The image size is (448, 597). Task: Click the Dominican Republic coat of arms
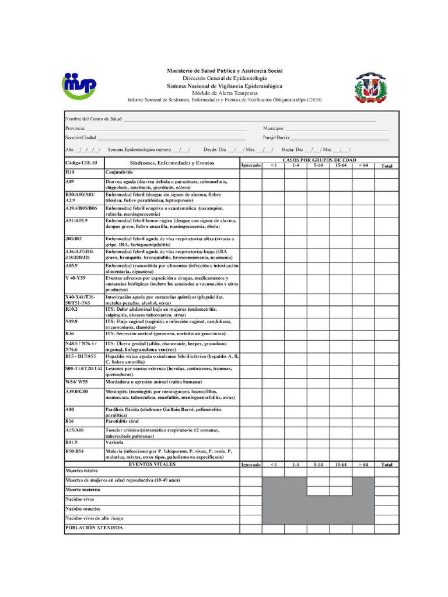coord(367,88)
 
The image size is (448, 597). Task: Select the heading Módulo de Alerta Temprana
coord(225,93)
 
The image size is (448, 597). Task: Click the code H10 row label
coord(70,173)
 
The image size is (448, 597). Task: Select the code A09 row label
coord(70,182)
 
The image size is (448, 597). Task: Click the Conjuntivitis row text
coord(119,173)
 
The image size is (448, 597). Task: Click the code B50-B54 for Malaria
coord(75,451)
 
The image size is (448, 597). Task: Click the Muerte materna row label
coord(83,490)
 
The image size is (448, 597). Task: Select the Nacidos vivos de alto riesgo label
coord(94,518)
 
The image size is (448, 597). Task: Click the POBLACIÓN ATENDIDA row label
coord(94,528)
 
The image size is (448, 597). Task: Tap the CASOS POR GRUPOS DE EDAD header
coord(319,160)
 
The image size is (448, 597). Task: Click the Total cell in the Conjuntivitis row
coord(386,173)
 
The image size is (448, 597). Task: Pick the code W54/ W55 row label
coord(76,382)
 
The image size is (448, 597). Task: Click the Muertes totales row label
coord(82,470)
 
